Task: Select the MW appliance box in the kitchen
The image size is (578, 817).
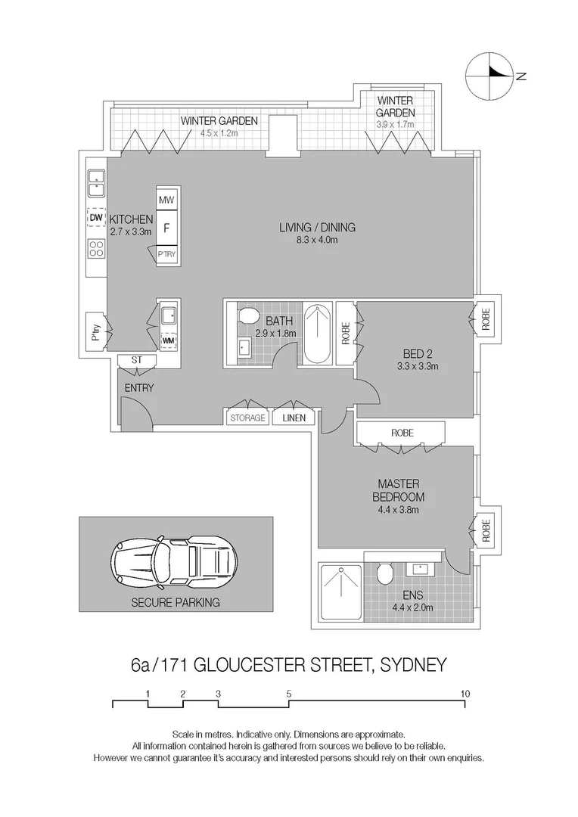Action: pos(166,200)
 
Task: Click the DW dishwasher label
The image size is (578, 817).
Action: pos(95,218)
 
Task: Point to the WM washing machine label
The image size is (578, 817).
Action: pos(168,340)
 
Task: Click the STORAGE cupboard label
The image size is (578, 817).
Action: pos(247,418)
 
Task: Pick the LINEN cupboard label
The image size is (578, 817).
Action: pos(294,418)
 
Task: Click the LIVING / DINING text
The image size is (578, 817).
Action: pos(317,228)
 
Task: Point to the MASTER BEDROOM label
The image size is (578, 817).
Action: pos(398,490)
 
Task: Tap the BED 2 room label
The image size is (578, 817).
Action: pos(418,352)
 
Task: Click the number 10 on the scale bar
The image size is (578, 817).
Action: pos(465,693)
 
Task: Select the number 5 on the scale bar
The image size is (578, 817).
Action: pos(289,693)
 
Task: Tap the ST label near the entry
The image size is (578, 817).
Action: pos(136,359)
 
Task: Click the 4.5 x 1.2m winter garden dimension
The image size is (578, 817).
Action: pos(219,133)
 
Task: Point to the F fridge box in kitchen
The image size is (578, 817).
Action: pos(166,225)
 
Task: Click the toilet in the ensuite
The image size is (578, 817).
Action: pos(384,574)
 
